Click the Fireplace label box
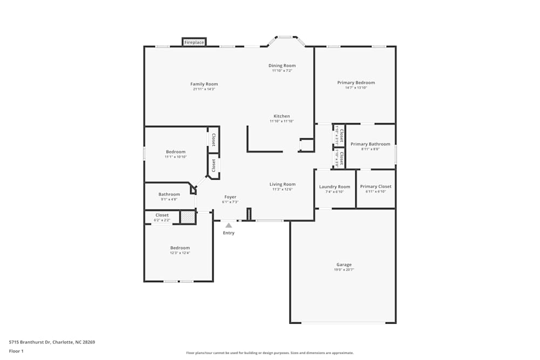[194, 42]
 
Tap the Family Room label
[204, 84]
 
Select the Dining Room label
[282, 66]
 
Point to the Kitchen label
[282, 116]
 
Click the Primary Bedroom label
[356, 83]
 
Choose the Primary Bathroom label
[370, 144]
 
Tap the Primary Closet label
[376, 187]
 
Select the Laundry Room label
[335, 187]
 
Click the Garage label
[344, 264]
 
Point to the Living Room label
[283, 184]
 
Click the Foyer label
[230, 197]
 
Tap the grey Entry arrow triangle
[229, 225]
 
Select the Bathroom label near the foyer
[169, 194]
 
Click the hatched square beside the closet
[187, 217]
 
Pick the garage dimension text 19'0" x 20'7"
[344, 269]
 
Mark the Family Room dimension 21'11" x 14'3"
[204, 89]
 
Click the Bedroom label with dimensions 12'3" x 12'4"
[180, 248]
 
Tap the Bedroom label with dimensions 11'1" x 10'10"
[175, 152]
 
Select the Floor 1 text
[16, 351]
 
